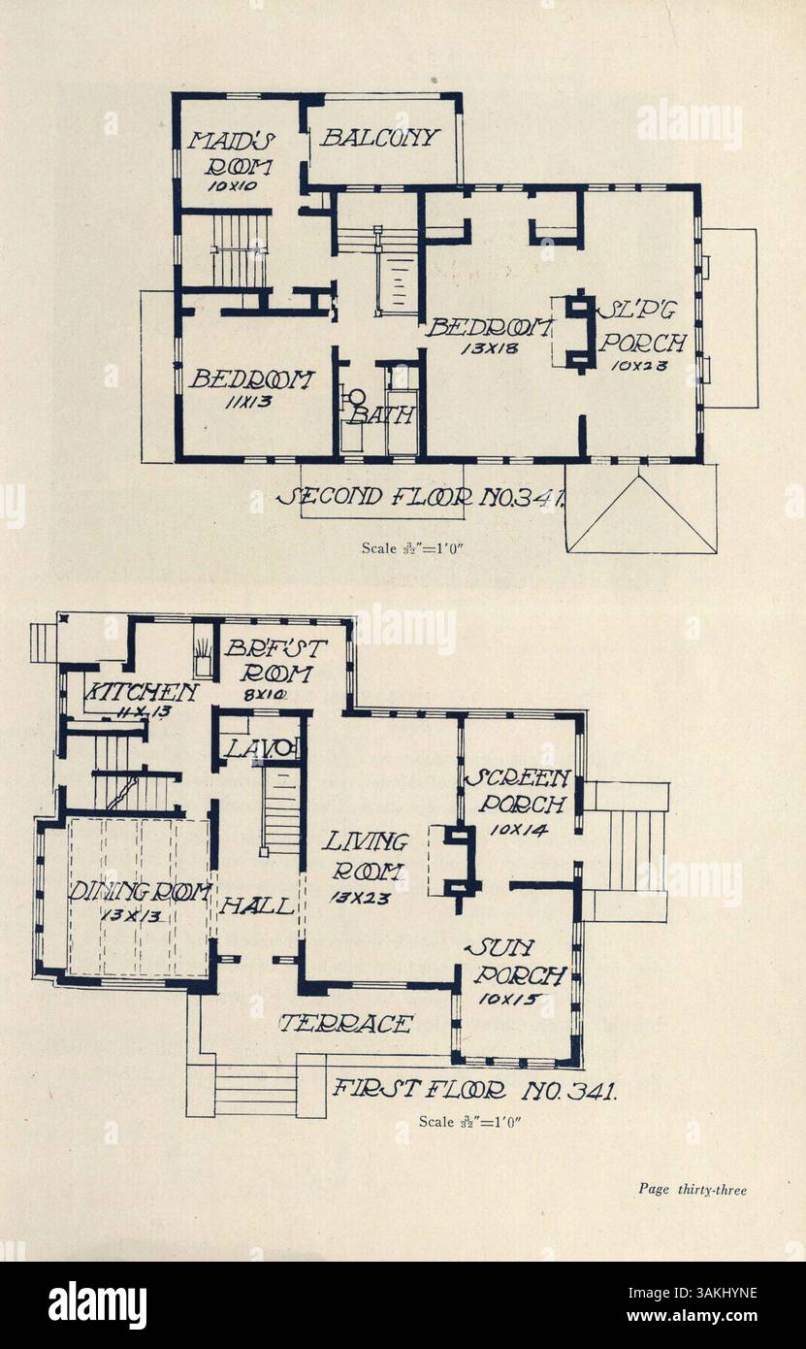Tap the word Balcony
pyautogui.click(x=380, y=138)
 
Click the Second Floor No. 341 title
pyautogui.click(x=422, y=498)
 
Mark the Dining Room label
pyautogui.click(x=126, y=892)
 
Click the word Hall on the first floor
pyautogui.click(x=257, y=906)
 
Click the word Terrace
pyautogui.click(x=346, y=1024)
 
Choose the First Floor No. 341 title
pyautogui.click(x=474, y=1089)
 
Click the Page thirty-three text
pyautogui.click(x=692, y=1188)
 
